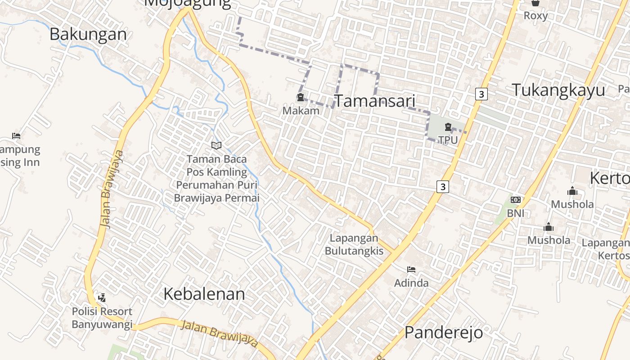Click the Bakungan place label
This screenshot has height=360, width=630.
pyautogui.click(x=88, y=34)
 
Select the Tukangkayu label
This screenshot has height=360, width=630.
pyautogui.click(x=558, y=90)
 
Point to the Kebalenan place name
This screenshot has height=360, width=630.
pyautogui.click(x=204, y=294)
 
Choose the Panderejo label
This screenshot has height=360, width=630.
pyautogui.click(x=444, y=333)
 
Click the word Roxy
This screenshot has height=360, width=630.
pyautogui.click(x=535, y=16)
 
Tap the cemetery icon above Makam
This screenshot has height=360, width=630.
pyautogui.click(x=300, y=97)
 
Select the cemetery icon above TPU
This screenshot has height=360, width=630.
pyautogui.click(x=448, y=127)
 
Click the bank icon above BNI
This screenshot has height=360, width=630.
pyautogui.click(x=515, y=199)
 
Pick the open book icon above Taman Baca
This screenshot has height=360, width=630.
pyautogui.click(x=216, y=145)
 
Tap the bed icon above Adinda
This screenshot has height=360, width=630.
pyautogui.click(x=411, y=270)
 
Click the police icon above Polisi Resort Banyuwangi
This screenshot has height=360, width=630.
pyautogui.click(x=102, y=297)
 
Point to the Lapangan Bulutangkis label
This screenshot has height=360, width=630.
pyautogui.click(x=354, y=244)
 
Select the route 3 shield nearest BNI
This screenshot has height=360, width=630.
pyautogui.click(x=443, y=186)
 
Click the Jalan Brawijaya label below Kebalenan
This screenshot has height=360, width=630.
pyautogui.click(x=219, y=334)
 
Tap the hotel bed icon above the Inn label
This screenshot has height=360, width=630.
pyautogui.click(x=16, y=135)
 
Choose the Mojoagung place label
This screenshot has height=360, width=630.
pyautogui.click(x=188, y=4)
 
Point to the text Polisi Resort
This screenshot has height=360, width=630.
pyautogui.click(x=102, y=311)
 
